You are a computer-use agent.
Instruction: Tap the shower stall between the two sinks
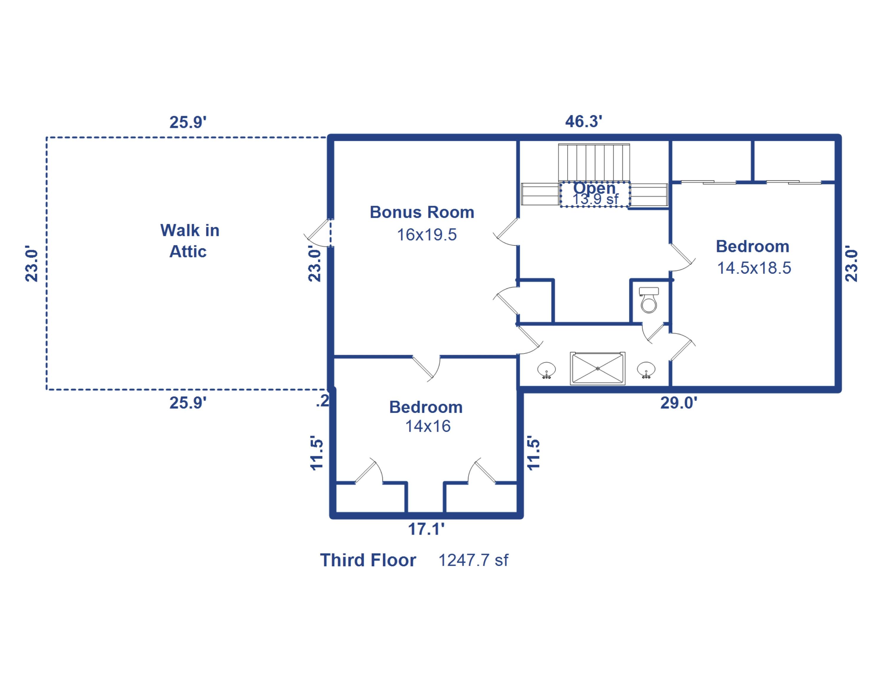click(x=597, y=368)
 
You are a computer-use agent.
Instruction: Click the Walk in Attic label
click(x=189, y=241)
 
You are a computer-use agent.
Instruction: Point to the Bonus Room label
click(x=422, y=212)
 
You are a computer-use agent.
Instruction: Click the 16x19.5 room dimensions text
click(x=427, y=235)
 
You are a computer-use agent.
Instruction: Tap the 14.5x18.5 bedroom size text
click(x=754, y=268)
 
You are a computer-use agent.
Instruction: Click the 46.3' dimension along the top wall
click(x=584, y=121)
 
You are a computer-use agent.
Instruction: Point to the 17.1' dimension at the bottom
click(x=426, y=529)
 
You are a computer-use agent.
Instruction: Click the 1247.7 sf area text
click(x=473, y=560)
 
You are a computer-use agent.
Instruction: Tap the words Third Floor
click(x=368, y=560)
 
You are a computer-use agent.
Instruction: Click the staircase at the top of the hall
click(x=594, y=162)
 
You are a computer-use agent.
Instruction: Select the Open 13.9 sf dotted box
click(x=595, y=194)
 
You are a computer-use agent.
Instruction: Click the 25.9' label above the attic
click(x=188, y=122)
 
